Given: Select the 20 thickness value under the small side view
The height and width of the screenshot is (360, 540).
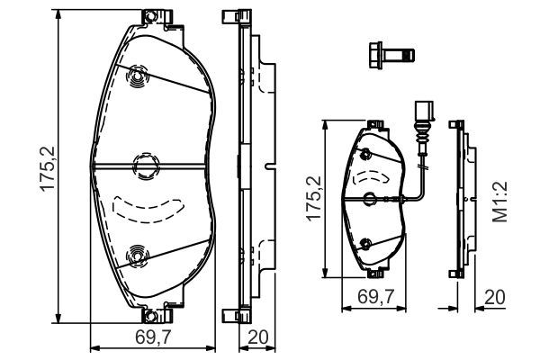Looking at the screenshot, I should point(493,294).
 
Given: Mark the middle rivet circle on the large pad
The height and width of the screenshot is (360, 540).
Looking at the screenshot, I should point(143,165).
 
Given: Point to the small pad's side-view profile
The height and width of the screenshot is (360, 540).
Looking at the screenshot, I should point(461,198).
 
